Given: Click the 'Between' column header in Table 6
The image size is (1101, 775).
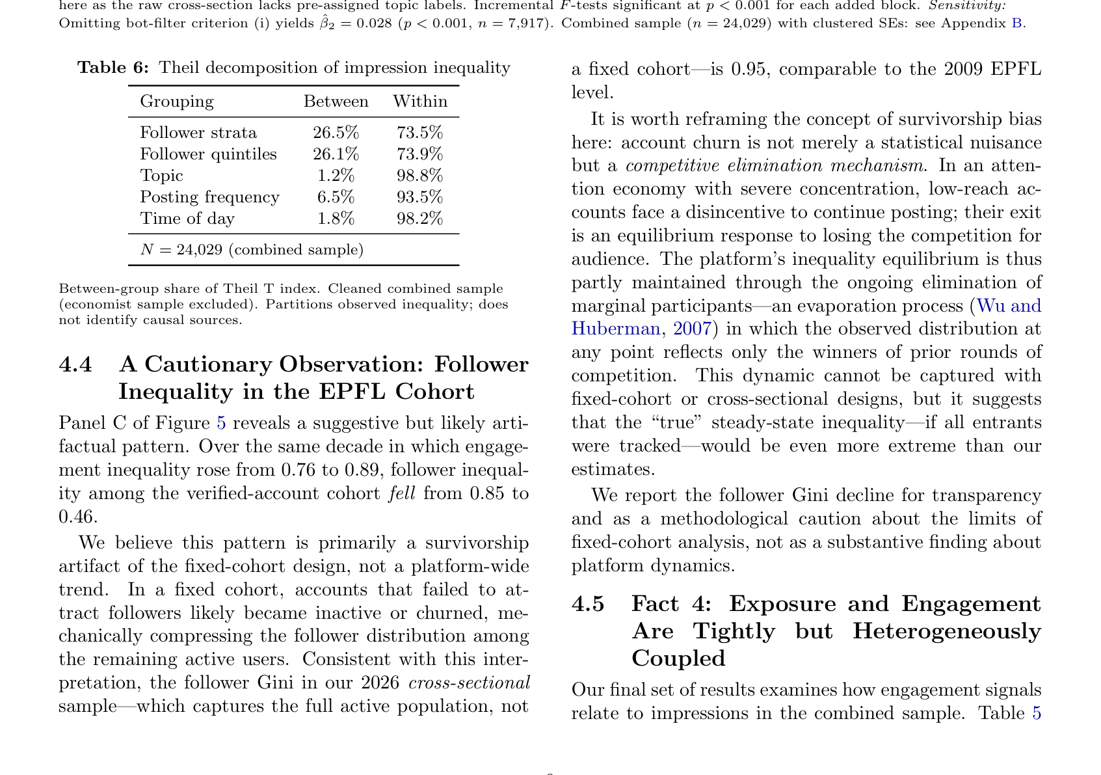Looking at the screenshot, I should click(336, 102).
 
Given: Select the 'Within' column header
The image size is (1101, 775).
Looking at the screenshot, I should click(420, 102).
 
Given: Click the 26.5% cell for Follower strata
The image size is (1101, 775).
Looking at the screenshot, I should click(336, 133).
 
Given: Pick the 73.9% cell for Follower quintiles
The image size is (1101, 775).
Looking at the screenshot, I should click(419, 154).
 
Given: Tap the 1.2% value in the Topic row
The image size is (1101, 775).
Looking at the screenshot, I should click(336, 176).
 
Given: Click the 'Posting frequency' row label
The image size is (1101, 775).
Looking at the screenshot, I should click(209, 197).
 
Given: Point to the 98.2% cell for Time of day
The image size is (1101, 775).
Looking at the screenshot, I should click(419, 219).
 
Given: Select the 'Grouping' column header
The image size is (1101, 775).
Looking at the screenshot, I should click(177, 102).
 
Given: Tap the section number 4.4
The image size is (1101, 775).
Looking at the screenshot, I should click(75, 364).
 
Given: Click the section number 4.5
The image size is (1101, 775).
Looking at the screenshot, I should click(588, 604).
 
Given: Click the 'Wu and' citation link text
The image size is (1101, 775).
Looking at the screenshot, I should click(1009, 306).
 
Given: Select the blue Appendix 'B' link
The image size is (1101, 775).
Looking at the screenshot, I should click(1018, 23).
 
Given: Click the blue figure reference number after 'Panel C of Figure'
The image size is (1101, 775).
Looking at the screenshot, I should click(221, 423).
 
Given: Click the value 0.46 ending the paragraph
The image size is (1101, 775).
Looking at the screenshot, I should click(77, 517).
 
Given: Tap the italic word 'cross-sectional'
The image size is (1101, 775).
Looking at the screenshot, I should click(469, 683).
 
